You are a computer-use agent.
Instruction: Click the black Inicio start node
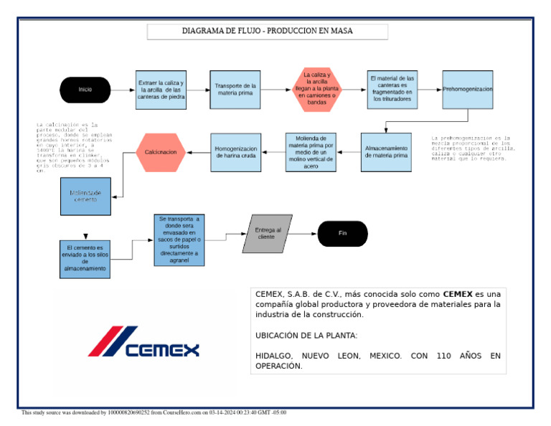tap(85, 90)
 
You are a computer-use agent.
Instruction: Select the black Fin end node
tap(342, 234)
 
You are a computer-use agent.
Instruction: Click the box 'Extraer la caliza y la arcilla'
tap(161, 90)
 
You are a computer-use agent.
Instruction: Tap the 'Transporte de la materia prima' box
tap(235, 90)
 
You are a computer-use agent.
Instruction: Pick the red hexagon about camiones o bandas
tap(316, 89)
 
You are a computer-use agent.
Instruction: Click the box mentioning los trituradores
tap(391, 89)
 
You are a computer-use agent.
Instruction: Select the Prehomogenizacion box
tap(468, 90)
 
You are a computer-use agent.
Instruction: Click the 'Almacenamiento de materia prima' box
tap(386, 151)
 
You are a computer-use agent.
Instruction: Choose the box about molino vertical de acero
tap(311, 151)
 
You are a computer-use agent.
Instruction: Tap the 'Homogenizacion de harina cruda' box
tap(235, 152)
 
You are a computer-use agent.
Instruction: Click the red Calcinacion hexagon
tap(161, 152)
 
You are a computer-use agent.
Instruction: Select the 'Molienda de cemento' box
tap(85, 197)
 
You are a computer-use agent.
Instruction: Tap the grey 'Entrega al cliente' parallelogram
tap(266, 234)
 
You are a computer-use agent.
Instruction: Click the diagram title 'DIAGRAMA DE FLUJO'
tap(268, 32)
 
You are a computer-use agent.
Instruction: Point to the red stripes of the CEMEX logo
tap(112, 341)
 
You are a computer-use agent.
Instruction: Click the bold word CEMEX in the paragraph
tap(457, 294)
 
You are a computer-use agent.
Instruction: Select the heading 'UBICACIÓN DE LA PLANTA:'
tap(306, 336)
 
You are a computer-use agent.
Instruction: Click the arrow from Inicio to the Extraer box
tap(123, 90)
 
